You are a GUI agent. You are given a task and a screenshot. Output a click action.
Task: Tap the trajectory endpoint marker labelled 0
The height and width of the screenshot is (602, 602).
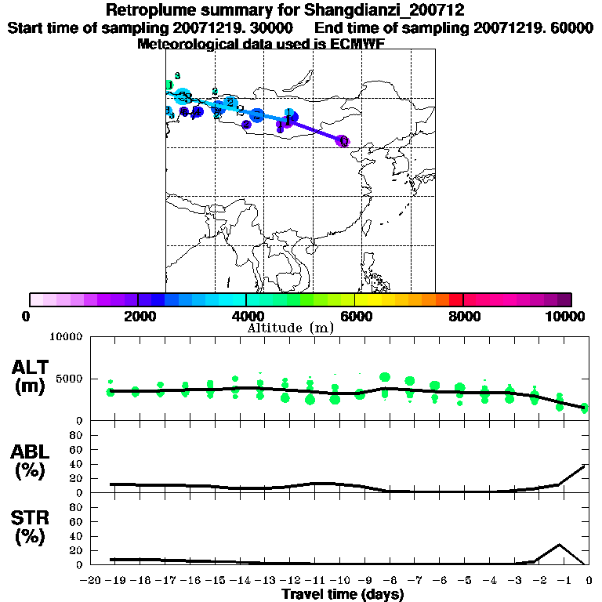[x=343, y=141]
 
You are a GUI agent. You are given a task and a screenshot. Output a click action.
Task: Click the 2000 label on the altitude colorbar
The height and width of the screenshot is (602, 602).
[x=137, y=316]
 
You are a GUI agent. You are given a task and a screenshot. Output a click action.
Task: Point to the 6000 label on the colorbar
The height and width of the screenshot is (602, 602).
[x=354, y=316]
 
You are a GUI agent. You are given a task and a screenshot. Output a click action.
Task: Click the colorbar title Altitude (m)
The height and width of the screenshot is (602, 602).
[x=290, y=328]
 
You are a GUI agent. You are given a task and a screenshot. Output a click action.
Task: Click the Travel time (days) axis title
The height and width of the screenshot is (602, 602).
[x=343, y=595]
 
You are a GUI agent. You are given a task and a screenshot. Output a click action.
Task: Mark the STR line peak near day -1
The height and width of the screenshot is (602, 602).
[x=560, y=544]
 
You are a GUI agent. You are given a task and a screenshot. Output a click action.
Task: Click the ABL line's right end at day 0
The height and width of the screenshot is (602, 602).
[x=586, y=466]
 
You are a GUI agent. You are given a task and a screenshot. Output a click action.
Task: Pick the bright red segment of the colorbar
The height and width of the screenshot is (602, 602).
[x=455, y=299]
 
